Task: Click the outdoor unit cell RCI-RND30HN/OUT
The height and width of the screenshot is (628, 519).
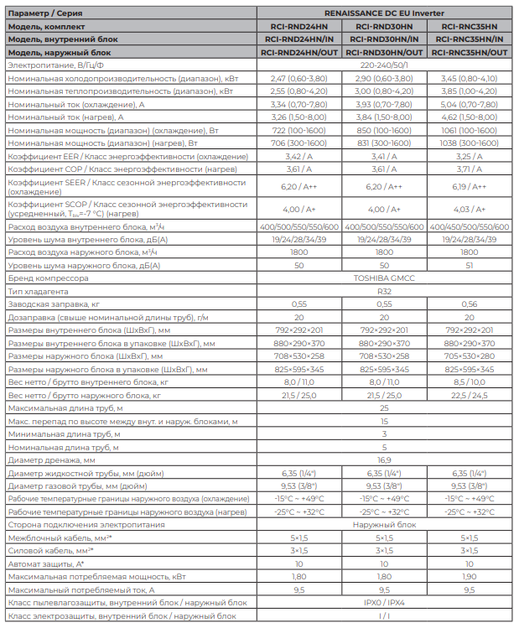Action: tap(384, 52)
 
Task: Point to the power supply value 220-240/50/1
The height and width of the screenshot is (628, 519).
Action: tap(384, 65)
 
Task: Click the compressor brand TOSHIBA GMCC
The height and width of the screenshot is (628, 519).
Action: tap(384, 278)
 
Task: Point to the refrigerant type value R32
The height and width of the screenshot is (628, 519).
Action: tap(384, 291)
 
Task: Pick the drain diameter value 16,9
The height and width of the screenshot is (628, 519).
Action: tap(384, 460)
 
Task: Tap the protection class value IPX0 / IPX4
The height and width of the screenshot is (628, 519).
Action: tap(384, 603)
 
